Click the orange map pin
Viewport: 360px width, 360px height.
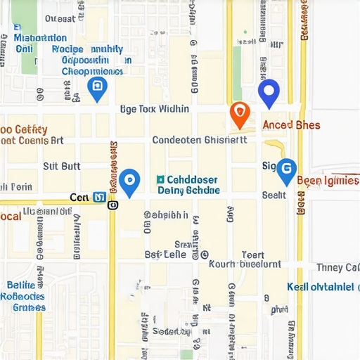point(240,115)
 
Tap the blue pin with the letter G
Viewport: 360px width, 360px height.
point(285,169)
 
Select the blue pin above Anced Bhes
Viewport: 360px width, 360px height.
point(269,93)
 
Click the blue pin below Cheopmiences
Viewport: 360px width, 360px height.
point(97,89)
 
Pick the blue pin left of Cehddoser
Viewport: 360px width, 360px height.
point(129,181)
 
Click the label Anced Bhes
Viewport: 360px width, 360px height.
point(291,125)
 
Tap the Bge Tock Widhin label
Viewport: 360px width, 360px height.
point(154,109)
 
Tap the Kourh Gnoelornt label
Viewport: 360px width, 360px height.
point(245,265)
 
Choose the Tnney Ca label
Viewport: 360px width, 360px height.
point(338,267)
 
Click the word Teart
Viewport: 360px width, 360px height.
point(253,255)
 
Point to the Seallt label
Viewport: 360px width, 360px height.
point(274,195)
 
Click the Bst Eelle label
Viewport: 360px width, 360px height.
point(165,254)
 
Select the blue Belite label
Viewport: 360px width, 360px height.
point(20,285)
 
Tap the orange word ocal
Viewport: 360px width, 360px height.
point(10,216)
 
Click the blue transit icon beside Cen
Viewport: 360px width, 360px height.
point(99,198)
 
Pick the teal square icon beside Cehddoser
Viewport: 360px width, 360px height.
point(161,180)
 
